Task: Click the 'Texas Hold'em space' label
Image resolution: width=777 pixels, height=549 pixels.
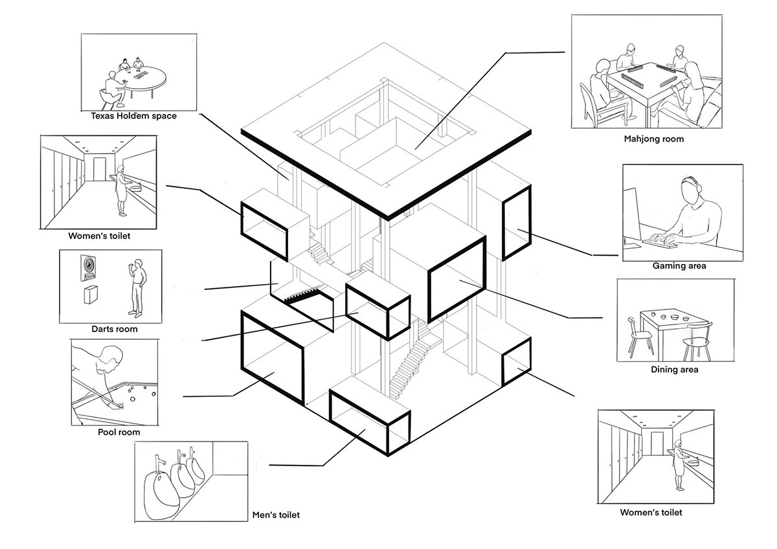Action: pyautogui.click(x=133, y=116)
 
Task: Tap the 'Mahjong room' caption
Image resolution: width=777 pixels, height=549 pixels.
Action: pyautogui.click(x=654, y=139)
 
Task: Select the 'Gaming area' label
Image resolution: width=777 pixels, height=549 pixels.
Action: pyautogui.click(x=679, y=266)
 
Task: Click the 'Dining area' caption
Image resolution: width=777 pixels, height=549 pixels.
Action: pyautogui.click(x=674, y=370)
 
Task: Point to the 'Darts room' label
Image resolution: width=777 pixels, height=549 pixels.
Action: pyautogui.click(x=115, y=329)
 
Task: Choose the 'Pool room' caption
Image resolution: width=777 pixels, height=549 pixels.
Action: pyautogui.click(x=119, y=432)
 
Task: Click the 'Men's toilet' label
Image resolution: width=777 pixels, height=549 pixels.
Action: pyautogui.click(x=276, y=515)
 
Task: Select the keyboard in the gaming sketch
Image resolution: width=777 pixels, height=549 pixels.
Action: pyautogui.click(x=659, y=243)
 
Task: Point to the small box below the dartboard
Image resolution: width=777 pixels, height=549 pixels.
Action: pyautogui.click(x=91, y=295)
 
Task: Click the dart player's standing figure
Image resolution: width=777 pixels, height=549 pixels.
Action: pyautogui.click(x=138, y=288)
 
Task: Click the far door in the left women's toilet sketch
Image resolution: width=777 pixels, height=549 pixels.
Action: pyautogui.click(x=100, y=169)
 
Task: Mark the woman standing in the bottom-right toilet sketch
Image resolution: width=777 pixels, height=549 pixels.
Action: pyautogui.click(x=679, y=465)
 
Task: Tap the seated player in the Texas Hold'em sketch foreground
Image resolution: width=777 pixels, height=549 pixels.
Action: pyautogui.click(x=115, y=89)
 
